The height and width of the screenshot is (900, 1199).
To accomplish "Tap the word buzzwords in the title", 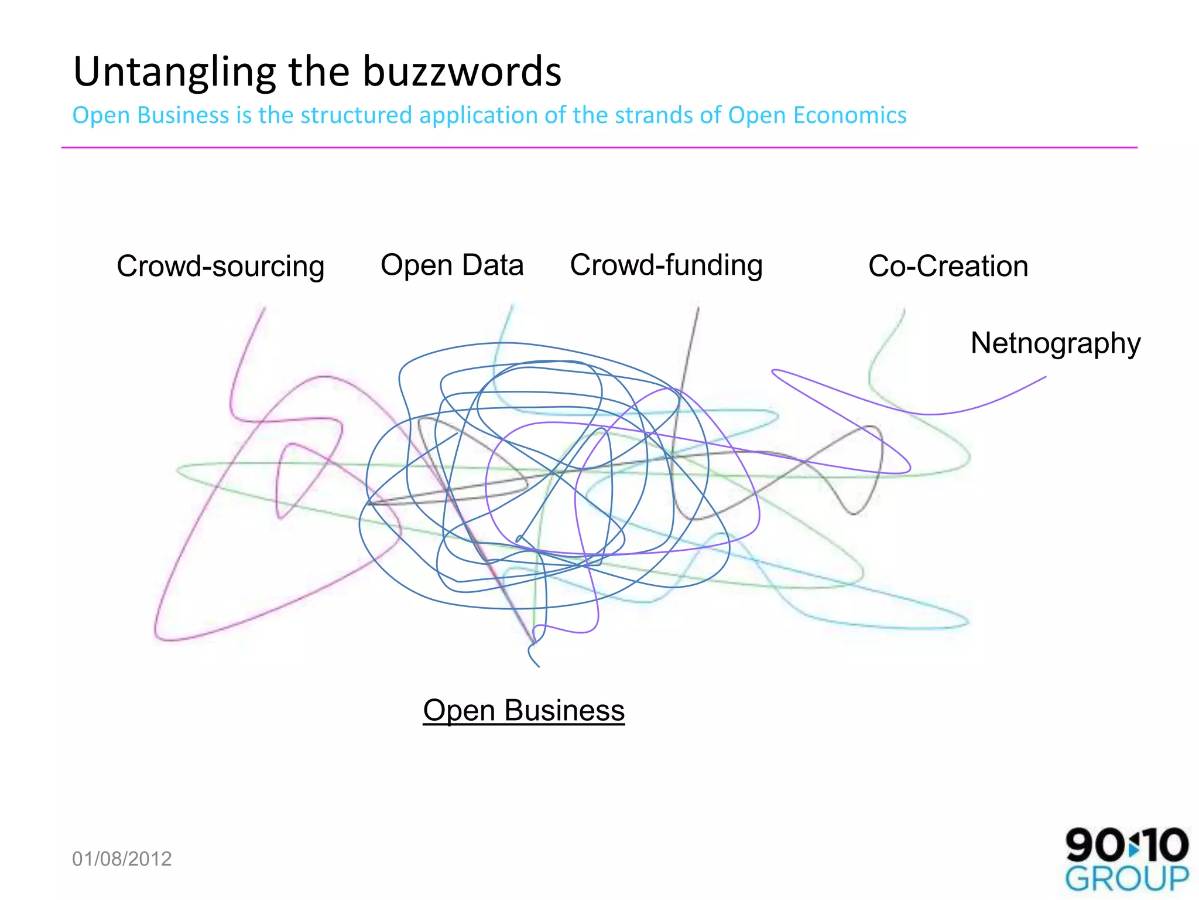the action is (x=462, y=71).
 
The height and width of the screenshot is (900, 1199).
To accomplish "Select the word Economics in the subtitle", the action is (x=849, y=115).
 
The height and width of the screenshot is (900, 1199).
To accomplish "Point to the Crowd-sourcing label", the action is (x=220, y=267).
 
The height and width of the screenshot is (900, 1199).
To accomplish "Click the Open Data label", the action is (x=452, y=265).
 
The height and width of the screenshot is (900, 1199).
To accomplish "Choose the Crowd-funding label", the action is (x=666, y=265).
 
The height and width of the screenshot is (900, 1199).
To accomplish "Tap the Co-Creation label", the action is (x=948, y=266).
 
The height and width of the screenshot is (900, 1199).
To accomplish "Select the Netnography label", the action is (x=1056, y=343).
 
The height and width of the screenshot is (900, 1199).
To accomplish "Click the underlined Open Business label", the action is (x=524, y=710).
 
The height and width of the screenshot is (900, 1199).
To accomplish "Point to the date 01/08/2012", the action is (x=122, y=859).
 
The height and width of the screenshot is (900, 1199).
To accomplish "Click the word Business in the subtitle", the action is (x=183, y=115).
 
